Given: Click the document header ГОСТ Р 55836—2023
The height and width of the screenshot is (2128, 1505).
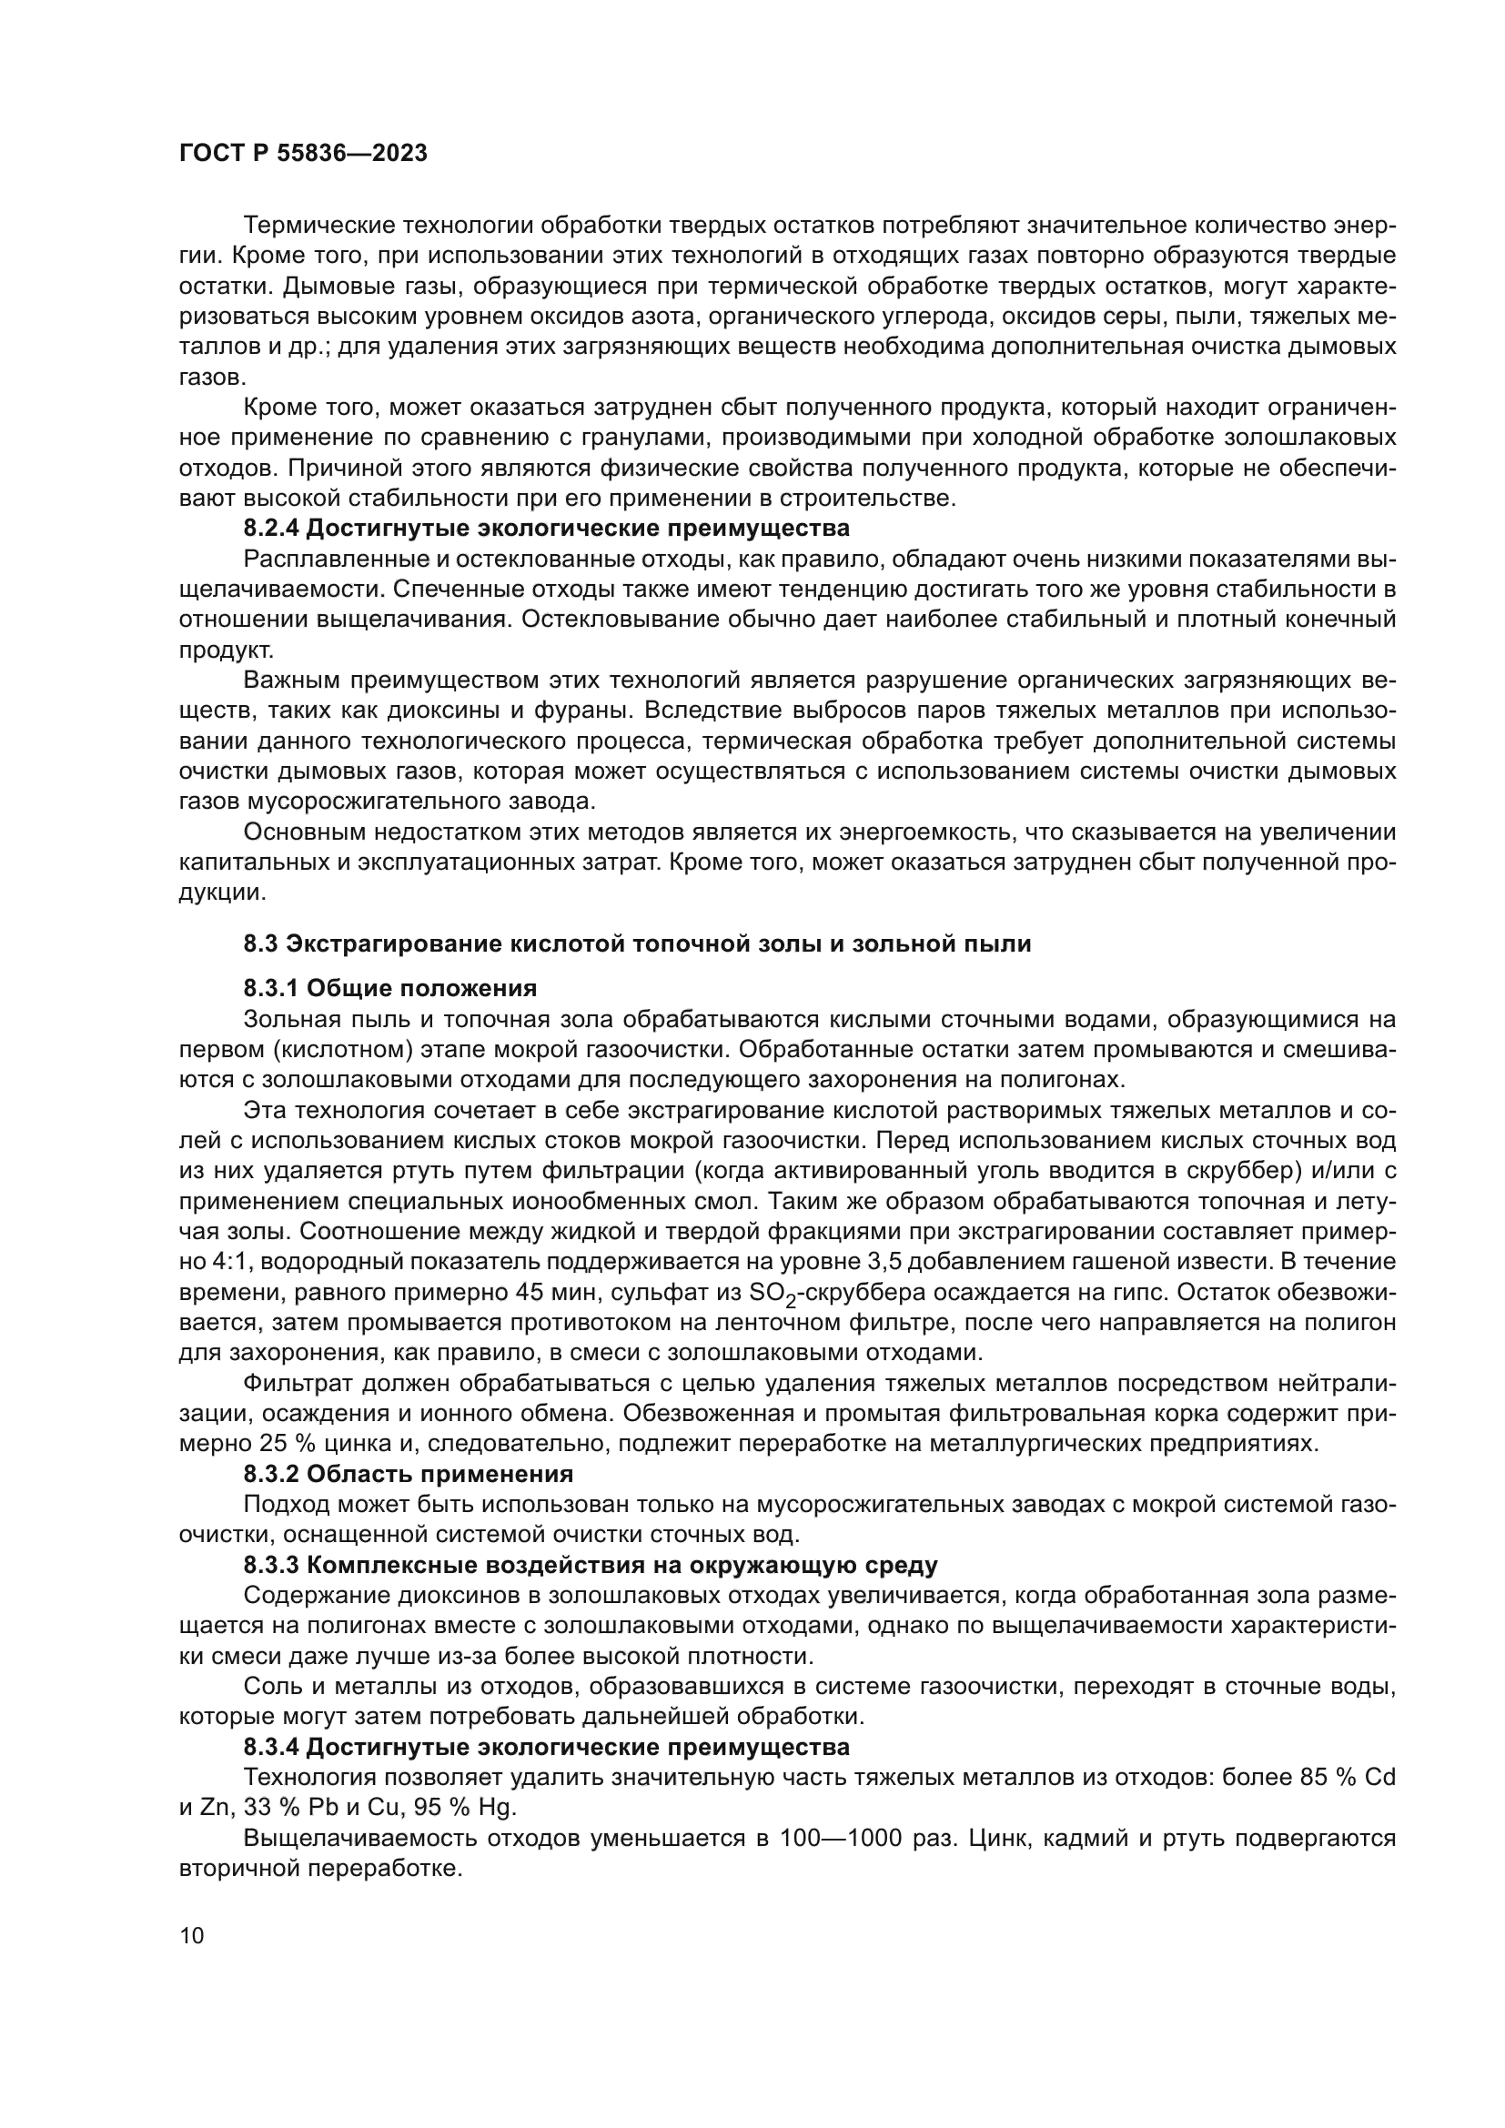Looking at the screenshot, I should point(303,154).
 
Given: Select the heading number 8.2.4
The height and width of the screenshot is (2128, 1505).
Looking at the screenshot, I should point(271,529).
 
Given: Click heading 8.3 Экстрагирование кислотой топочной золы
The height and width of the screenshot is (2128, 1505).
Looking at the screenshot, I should point(637,944).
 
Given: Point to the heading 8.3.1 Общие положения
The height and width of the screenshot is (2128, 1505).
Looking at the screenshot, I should point(390,988).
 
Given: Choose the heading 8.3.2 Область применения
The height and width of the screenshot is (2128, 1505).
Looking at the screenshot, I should point(408,1474).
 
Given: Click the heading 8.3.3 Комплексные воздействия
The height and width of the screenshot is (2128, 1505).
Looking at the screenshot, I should point(591,1566).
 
